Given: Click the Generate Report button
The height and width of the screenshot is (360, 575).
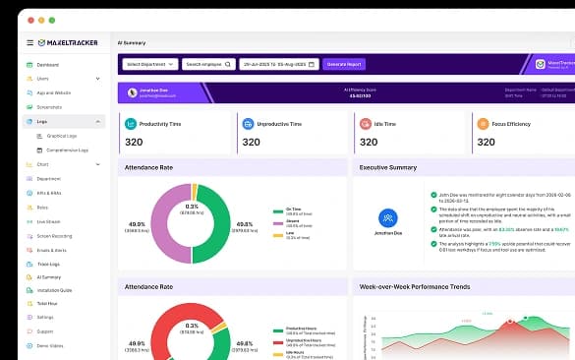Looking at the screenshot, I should tap(345, 64).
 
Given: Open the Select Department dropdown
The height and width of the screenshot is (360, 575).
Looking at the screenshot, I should tap(149, 64).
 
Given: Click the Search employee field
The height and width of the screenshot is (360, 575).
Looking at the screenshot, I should tap(208, 64).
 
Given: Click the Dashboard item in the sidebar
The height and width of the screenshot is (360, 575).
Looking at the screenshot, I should tap(48, 65).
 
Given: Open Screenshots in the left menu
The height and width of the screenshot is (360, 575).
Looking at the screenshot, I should tap(49, 106).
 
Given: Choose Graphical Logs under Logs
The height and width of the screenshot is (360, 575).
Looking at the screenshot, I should tap(62, 136).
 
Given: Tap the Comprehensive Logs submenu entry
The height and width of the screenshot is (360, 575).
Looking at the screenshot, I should tap(68, 150).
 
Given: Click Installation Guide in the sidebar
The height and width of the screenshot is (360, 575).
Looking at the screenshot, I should tap(54, 291).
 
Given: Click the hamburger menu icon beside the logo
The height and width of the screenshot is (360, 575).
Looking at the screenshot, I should tap(29, 43).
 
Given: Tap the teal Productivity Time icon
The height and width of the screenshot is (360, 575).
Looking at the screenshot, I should tap(131, 124).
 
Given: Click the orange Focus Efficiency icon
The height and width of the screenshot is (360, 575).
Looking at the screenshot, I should tap(483, 124).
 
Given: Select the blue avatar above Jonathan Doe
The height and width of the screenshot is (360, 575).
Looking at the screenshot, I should tap(388, 217).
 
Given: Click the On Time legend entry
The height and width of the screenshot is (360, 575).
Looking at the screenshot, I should tap(294, 210).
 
